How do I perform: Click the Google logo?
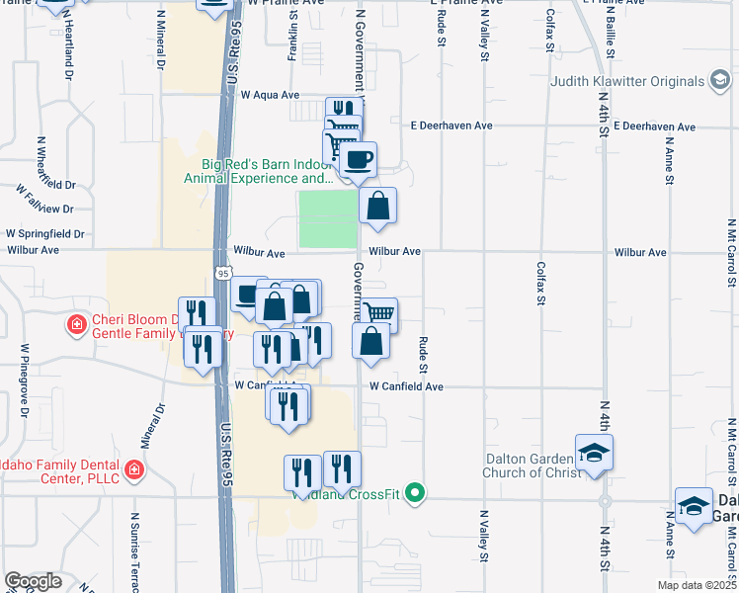click(33, 581)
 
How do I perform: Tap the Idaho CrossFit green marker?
click(417, 491)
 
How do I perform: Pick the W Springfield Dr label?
click(44, 234)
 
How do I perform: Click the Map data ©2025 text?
click(697, 585)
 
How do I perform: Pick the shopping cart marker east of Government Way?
click(379, 314)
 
